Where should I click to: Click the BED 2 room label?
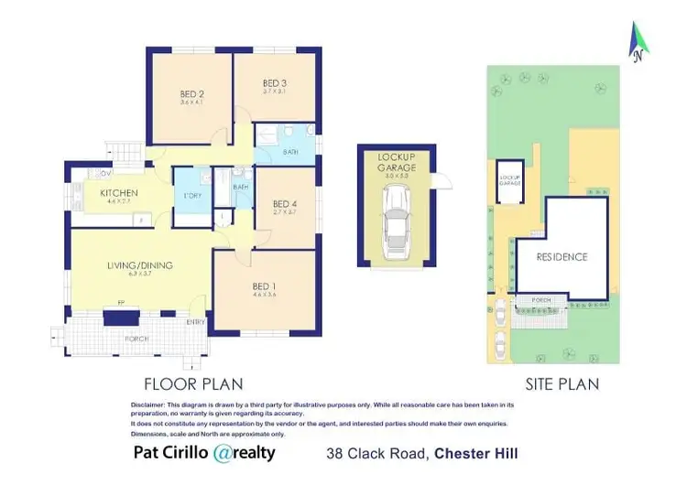191,94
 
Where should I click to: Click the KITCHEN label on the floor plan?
119,193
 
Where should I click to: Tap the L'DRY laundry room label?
193,196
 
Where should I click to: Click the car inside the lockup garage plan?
397,222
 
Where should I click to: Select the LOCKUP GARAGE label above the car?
397,163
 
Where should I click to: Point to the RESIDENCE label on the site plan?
562,257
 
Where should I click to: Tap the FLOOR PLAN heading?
192,383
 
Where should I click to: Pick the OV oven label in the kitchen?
105,173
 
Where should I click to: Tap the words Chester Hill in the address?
475,453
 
